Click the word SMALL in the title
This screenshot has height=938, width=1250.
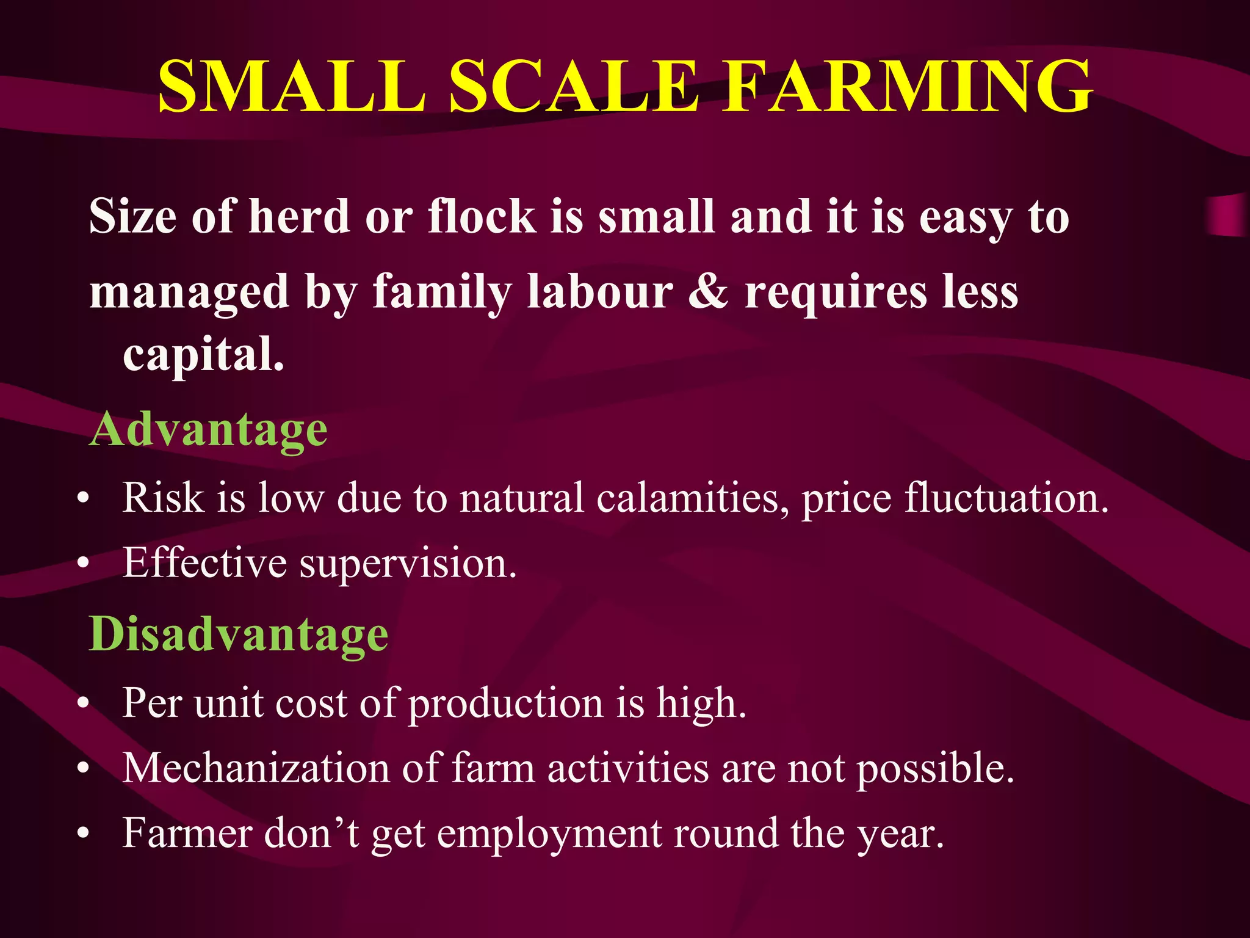tap(292, 87)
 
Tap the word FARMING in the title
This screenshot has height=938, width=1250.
tap(907, 87)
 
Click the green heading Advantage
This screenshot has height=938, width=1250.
tap(208, 431)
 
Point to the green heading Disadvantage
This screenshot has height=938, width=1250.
tap(239, 635)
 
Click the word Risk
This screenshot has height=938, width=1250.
tap(163, 498)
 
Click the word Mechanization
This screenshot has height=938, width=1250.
tap(256, 768)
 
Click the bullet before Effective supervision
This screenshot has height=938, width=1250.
tap(84, 563)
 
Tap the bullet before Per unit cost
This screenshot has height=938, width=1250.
tap(84, 703)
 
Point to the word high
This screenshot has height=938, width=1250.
tap(701, 703)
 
